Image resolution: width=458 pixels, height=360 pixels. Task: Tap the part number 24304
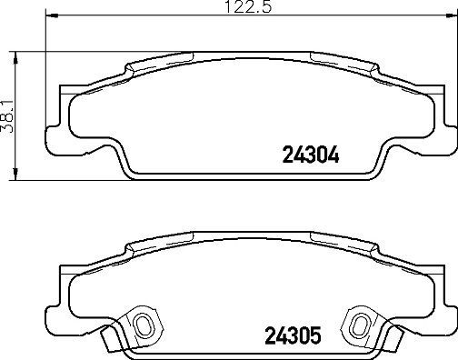tap(301, 155)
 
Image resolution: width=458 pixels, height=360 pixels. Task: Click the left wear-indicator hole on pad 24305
tap(142, 324)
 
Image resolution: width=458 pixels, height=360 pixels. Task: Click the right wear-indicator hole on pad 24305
tap(360, 324)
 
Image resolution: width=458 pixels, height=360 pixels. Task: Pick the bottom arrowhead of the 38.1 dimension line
tap(19, 179)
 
